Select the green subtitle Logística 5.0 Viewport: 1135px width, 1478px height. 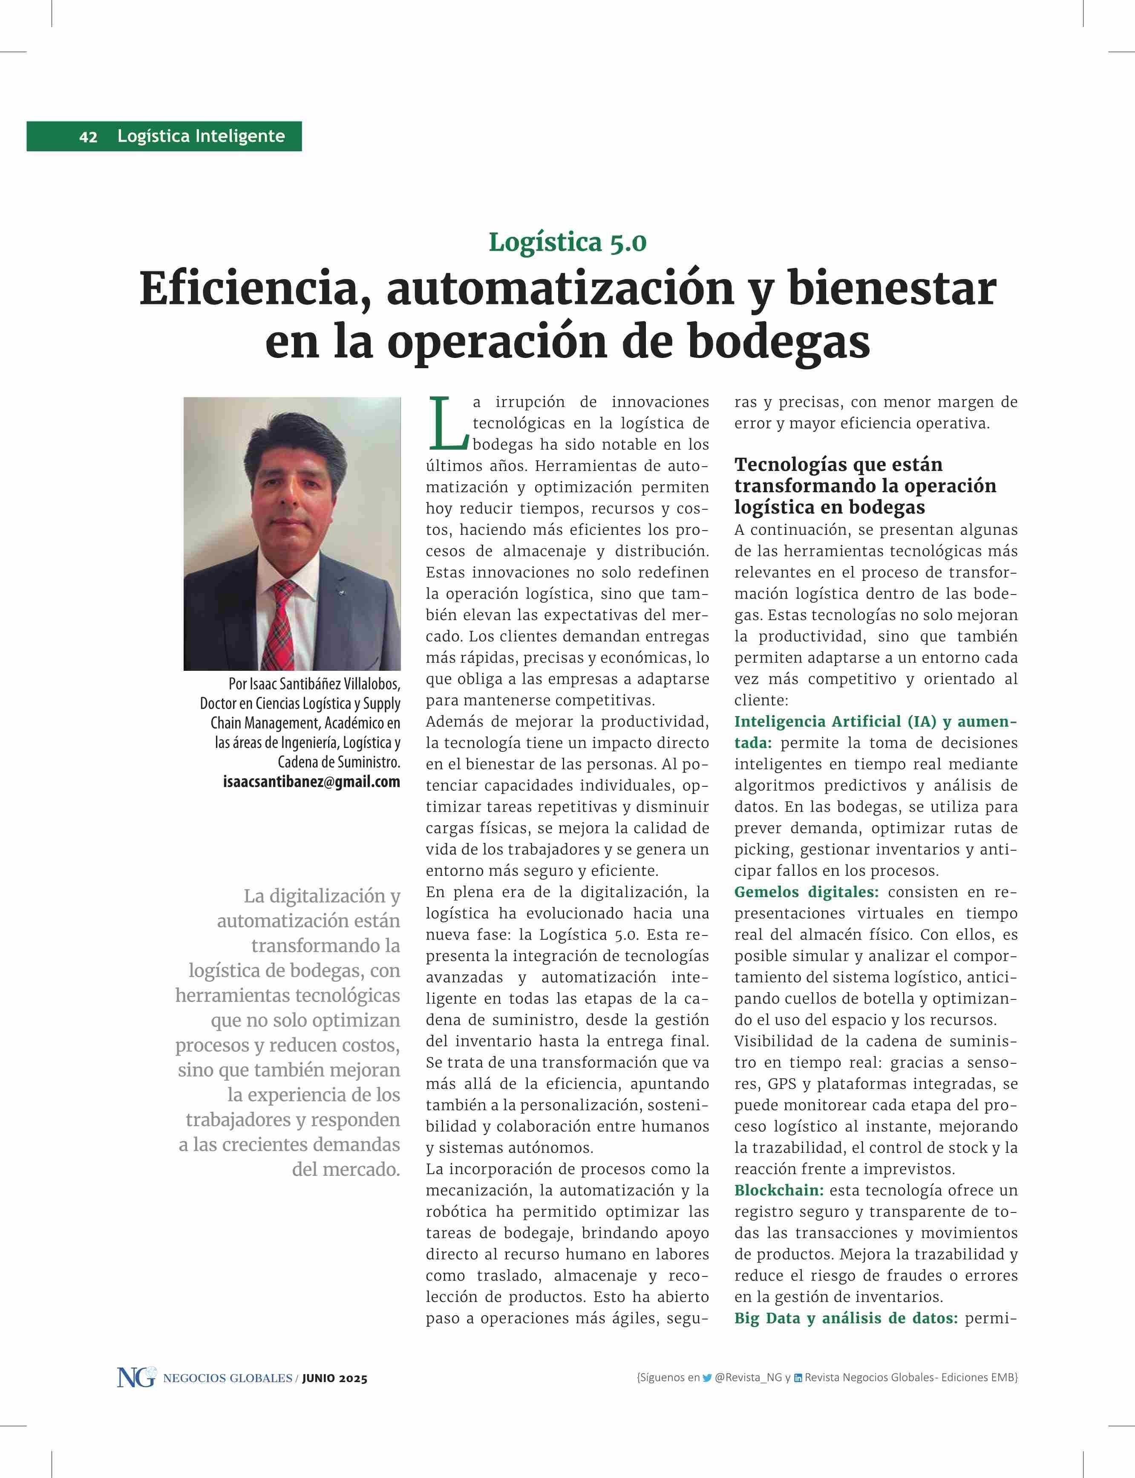click(x=567, y=242)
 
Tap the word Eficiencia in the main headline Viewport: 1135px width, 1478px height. click(x=255, y=289)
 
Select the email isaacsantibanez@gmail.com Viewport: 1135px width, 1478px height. click(x=311, y=782)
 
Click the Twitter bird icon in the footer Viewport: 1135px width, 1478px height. click(x=707, y=1378)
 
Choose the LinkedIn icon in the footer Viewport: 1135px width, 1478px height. click(x=798, y=1378)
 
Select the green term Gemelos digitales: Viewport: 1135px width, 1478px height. click(x=806, y=892)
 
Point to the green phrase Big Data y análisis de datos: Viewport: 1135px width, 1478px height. click(x=846, y=1318)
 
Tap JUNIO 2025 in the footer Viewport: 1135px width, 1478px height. click(x=334, y=1379)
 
